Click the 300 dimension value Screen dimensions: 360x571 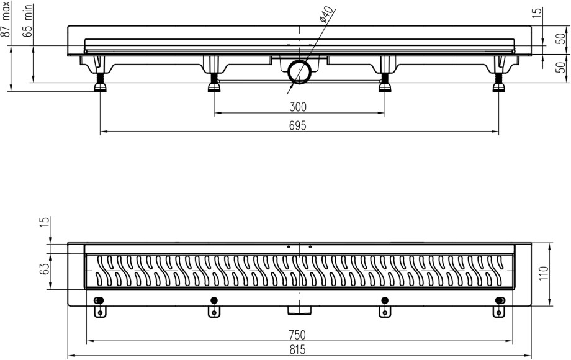(298, 107)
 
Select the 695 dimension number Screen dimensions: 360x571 (298, 125)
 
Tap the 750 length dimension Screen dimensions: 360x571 (298, 335)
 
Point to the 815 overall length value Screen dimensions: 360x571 (298, 349)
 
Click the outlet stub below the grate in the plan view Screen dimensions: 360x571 (299, 308)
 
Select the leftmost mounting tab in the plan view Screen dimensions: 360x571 (99, 307)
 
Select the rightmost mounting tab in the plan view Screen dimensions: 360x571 (500, 307)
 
